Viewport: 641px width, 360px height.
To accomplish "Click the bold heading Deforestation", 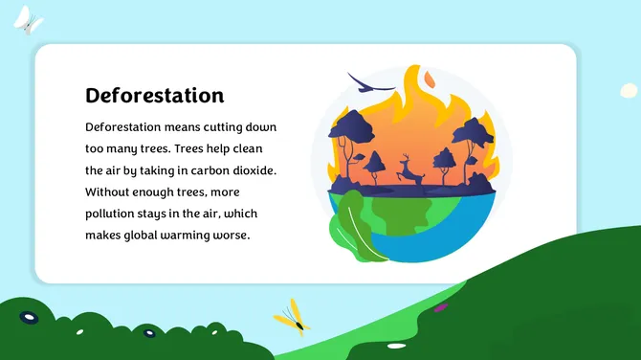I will pos(154,96).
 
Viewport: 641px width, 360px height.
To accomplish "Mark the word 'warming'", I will pos(200,235).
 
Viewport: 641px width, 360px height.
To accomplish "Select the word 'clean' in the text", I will pos(258,148).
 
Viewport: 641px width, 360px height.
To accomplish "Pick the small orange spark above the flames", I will pos(428,77).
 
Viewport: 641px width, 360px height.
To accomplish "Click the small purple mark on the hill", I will pos(440,307).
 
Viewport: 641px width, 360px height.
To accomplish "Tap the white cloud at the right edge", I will pos(629,90).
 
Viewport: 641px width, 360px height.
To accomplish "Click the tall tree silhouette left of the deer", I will pos(356,139).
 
